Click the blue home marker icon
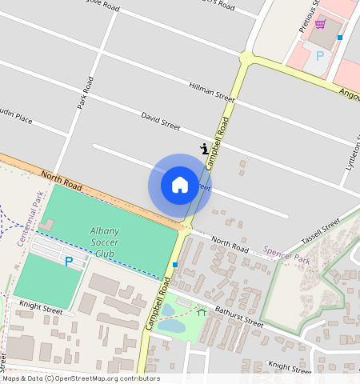180,185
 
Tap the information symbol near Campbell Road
205,148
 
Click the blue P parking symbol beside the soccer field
69,262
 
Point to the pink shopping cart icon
320,24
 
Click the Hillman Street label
211,92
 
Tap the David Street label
161,122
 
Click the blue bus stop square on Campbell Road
174,265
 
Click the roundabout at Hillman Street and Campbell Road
246,58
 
